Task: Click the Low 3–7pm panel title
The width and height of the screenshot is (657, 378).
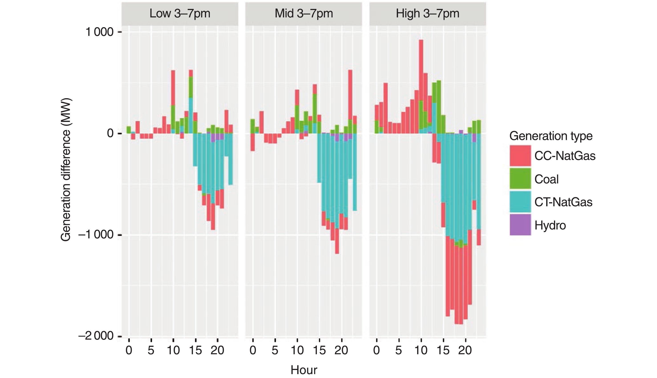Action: (180, 14)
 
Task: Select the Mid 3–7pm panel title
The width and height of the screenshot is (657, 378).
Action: (304, 14)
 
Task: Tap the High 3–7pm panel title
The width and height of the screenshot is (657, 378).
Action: (428, 14)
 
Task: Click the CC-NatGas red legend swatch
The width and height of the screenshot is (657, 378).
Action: (520, 156)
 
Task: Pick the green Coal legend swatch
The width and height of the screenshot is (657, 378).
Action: (520, 179)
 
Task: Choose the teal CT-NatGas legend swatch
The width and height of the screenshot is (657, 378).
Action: (520, 202)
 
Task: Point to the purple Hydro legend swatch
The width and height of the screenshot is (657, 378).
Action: (520, 225)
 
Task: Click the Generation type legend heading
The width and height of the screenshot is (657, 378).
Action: (551, 136)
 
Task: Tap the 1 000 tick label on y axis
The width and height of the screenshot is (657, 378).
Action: (99, 32)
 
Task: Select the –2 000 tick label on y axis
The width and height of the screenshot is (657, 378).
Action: (96, 336)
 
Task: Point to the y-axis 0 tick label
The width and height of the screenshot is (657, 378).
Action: (110, 133)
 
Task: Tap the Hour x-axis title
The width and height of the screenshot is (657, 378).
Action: (304, 370)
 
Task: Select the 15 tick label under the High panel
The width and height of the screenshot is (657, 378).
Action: (443, 350)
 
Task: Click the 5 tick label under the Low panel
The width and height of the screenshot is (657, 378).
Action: (151, 350)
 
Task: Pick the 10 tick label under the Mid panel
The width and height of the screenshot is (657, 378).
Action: (297, 350)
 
